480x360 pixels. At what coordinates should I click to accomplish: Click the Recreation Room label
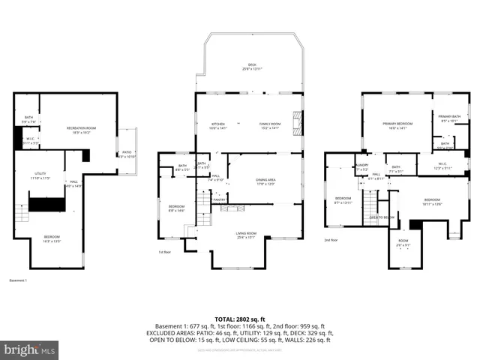point(81,130)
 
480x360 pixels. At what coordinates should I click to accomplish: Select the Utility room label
point(40,176)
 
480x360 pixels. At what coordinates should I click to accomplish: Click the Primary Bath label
point(449,118)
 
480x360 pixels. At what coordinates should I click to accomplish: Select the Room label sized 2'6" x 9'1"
point(403,244)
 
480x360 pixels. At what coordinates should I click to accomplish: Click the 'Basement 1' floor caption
point(18,280)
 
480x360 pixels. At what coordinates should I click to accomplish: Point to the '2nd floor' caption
point(331,240)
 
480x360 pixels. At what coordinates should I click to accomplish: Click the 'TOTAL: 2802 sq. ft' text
point(240,319)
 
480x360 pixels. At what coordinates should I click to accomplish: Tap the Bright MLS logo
point(30,349)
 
